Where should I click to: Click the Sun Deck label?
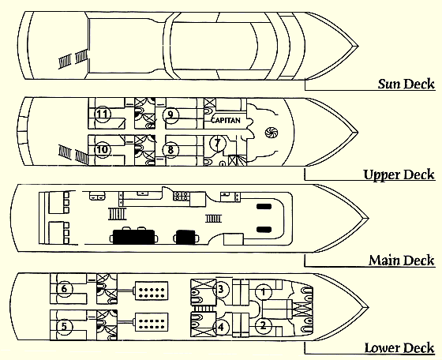(x=406, y=84)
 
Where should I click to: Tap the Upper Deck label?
(x=399, y=174)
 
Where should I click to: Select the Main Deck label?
(x=402, y=260)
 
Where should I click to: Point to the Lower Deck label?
(x=399, y=347)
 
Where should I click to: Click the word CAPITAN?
(x=226, y=120)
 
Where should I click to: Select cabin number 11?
(x=103, y=114)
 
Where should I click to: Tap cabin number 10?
(x=103, y=149)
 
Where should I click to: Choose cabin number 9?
(x=170, y=114)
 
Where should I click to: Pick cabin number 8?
(x=170, y=149)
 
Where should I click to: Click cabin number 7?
(x=218, y=143)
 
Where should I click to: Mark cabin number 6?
(x=65, y=289)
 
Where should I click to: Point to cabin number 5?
(x=65, y=327)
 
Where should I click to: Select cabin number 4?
(x=221, y=328)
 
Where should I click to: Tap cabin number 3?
(x=221, y=289)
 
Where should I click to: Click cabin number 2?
(x=264, y=326)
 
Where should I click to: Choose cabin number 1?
(x=264, y=292)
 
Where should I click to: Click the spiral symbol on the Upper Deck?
(x=272, y=132)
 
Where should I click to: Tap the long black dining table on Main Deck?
(x=134, y=237)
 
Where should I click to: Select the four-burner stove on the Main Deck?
(x=182, y=196)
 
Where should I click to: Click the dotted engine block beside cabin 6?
(x=152, y=291)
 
